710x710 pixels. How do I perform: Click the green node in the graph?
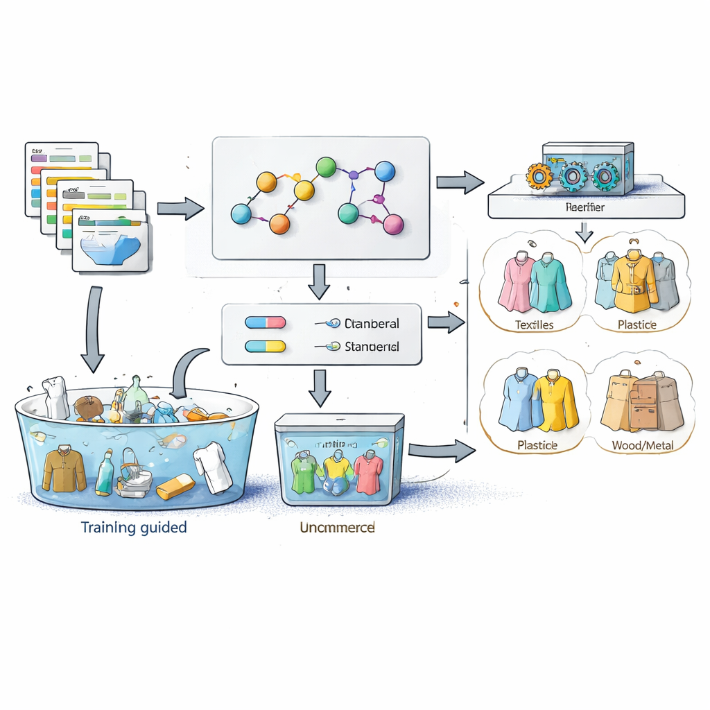click(326, 167)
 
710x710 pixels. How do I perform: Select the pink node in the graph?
click(393, 224)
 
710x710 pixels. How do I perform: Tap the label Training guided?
click(134, 527)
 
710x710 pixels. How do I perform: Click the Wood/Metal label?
click(642, 445)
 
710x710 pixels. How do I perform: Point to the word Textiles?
click(535, 324)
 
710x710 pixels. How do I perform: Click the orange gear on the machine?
click(539, 176)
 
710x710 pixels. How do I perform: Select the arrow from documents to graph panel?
click(181, 209)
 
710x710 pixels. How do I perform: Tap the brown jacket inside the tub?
click(64, 468)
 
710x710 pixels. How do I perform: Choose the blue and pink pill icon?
click(266, 322)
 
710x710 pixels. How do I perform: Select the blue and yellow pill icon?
click(266, 346)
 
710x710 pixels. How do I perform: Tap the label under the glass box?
click(337, 528)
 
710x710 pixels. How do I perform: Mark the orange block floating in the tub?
click(175, 487)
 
